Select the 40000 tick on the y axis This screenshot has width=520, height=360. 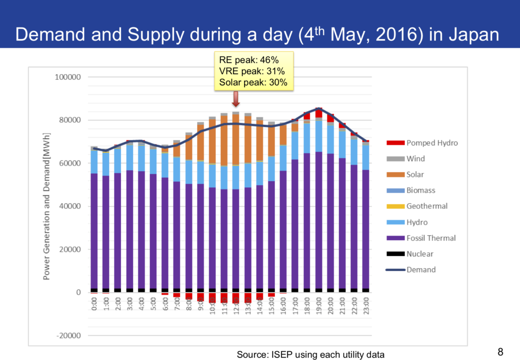point(68,206)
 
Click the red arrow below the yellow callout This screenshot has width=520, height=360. point(236,99)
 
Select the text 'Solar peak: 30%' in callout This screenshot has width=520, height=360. point(253,82)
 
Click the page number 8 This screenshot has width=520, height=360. point(500,351)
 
